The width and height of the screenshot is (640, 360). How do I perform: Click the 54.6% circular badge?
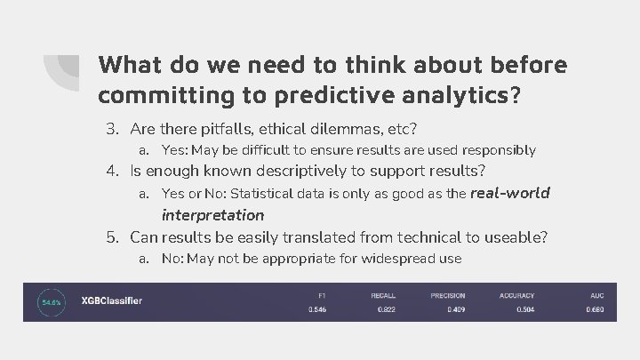tap(51, 301)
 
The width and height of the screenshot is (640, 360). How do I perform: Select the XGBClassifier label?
tap(111, 300)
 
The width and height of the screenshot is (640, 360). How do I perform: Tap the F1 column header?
tap(321, 295)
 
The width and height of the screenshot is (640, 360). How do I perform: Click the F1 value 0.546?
tap(316, 309)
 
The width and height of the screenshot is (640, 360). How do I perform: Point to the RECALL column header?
tap(384, 295)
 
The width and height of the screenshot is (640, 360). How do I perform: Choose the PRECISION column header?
tap(448, 295)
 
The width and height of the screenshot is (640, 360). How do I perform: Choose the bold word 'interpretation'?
tap(212, 215)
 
